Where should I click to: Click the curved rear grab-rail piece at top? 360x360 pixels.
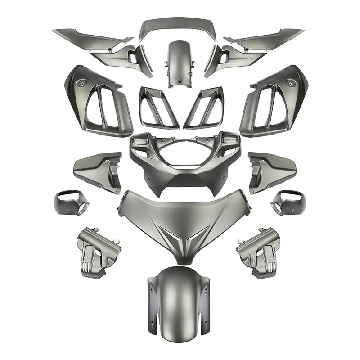(x=180, y=24)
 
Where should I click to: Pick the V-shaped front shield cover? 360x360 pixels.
(x=180, y=216)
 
